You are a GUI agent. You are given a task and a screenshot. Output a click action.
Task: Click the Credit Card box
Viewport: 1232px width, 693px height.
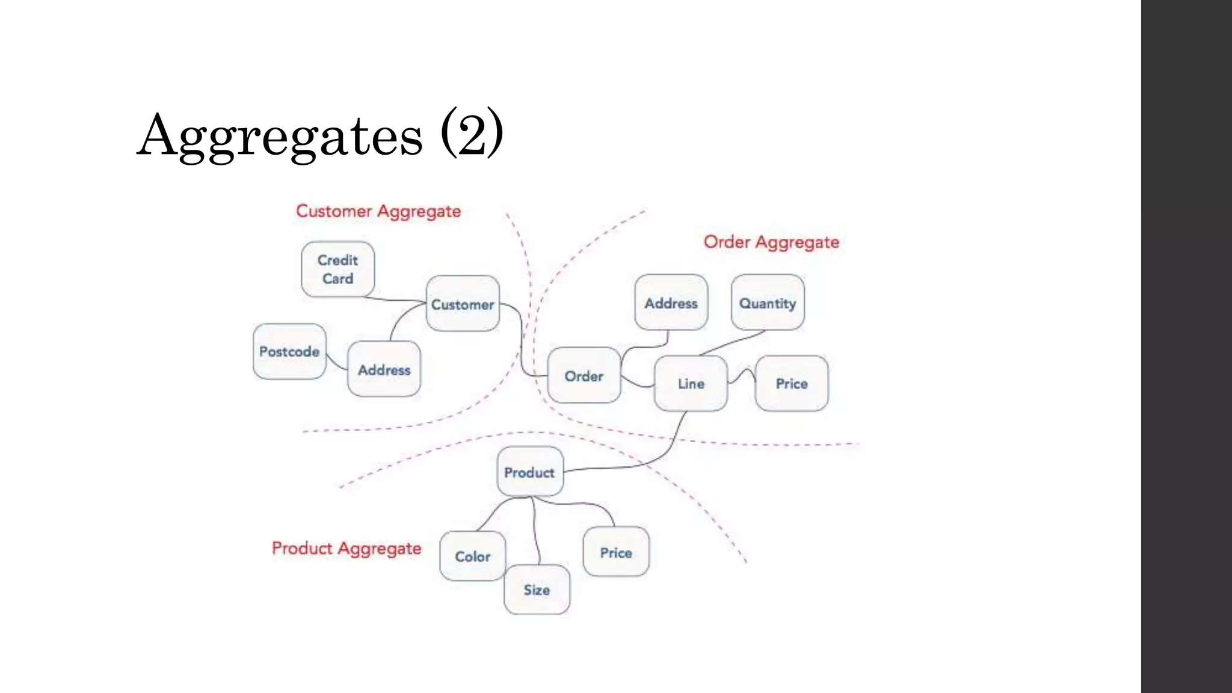(x=337, y=269)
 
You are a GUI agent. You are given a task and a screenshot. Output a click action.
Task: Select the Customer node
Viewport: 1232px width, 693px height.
(x=463, y=304)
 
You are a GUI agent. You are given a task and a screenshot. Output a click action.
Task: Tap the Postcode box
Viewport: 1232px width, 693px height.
(x=289, y=351)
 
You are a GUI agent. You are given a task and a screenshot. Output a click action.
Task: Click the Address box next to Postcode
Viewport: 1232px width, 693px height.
(x=384, y=369)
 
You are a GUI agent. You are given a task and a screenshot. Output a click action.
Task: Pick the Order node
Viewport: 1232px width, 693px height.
(x=584, y=376)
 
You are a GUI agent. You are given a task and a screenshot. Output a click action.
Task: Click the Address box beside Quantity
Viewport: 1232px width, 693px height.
(x=671, y=303)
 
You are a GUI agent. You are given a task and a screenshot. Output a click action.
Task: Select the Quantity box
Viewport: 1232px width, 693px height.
(x=768, y=303)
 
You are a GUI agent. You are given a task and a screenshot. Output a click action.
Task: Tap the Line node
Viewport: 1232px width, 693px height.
(x=691, y=383)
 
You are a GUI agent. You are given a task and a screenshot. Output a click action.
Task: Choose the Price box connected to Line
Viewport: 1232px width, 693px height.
(x=792, y=383)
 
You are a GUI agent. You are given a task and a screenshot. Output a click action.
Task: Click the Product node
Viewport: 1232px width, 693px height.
(x=529, y=472)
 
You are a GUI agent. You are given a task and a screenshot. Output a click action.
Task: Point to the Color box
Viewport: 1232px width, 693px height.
(x=473, y=556)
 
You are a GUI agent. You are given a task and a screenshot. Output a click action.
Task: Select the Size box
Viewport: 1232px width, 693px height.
(x=537, y=590)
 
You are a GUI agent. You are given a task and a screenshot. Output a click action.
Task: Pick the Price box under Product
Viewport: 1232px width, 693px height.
(x=616, y=552)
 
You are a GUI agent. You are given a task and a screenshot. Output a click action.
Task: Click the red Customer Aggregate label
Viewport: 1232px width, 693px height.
(x=378, y=211)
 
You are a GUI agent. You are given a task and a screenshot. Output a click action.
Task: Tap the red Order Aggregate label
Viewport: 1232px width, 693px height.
(x=771, y=242)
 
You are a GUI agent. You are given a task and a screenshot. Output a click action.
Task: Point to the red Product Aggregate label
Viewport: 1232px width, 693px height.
(x=346, y=548)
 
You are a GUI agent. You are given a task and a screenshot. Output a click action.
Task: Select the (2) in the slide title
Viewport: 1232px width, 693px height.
(x=472, y=134)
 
